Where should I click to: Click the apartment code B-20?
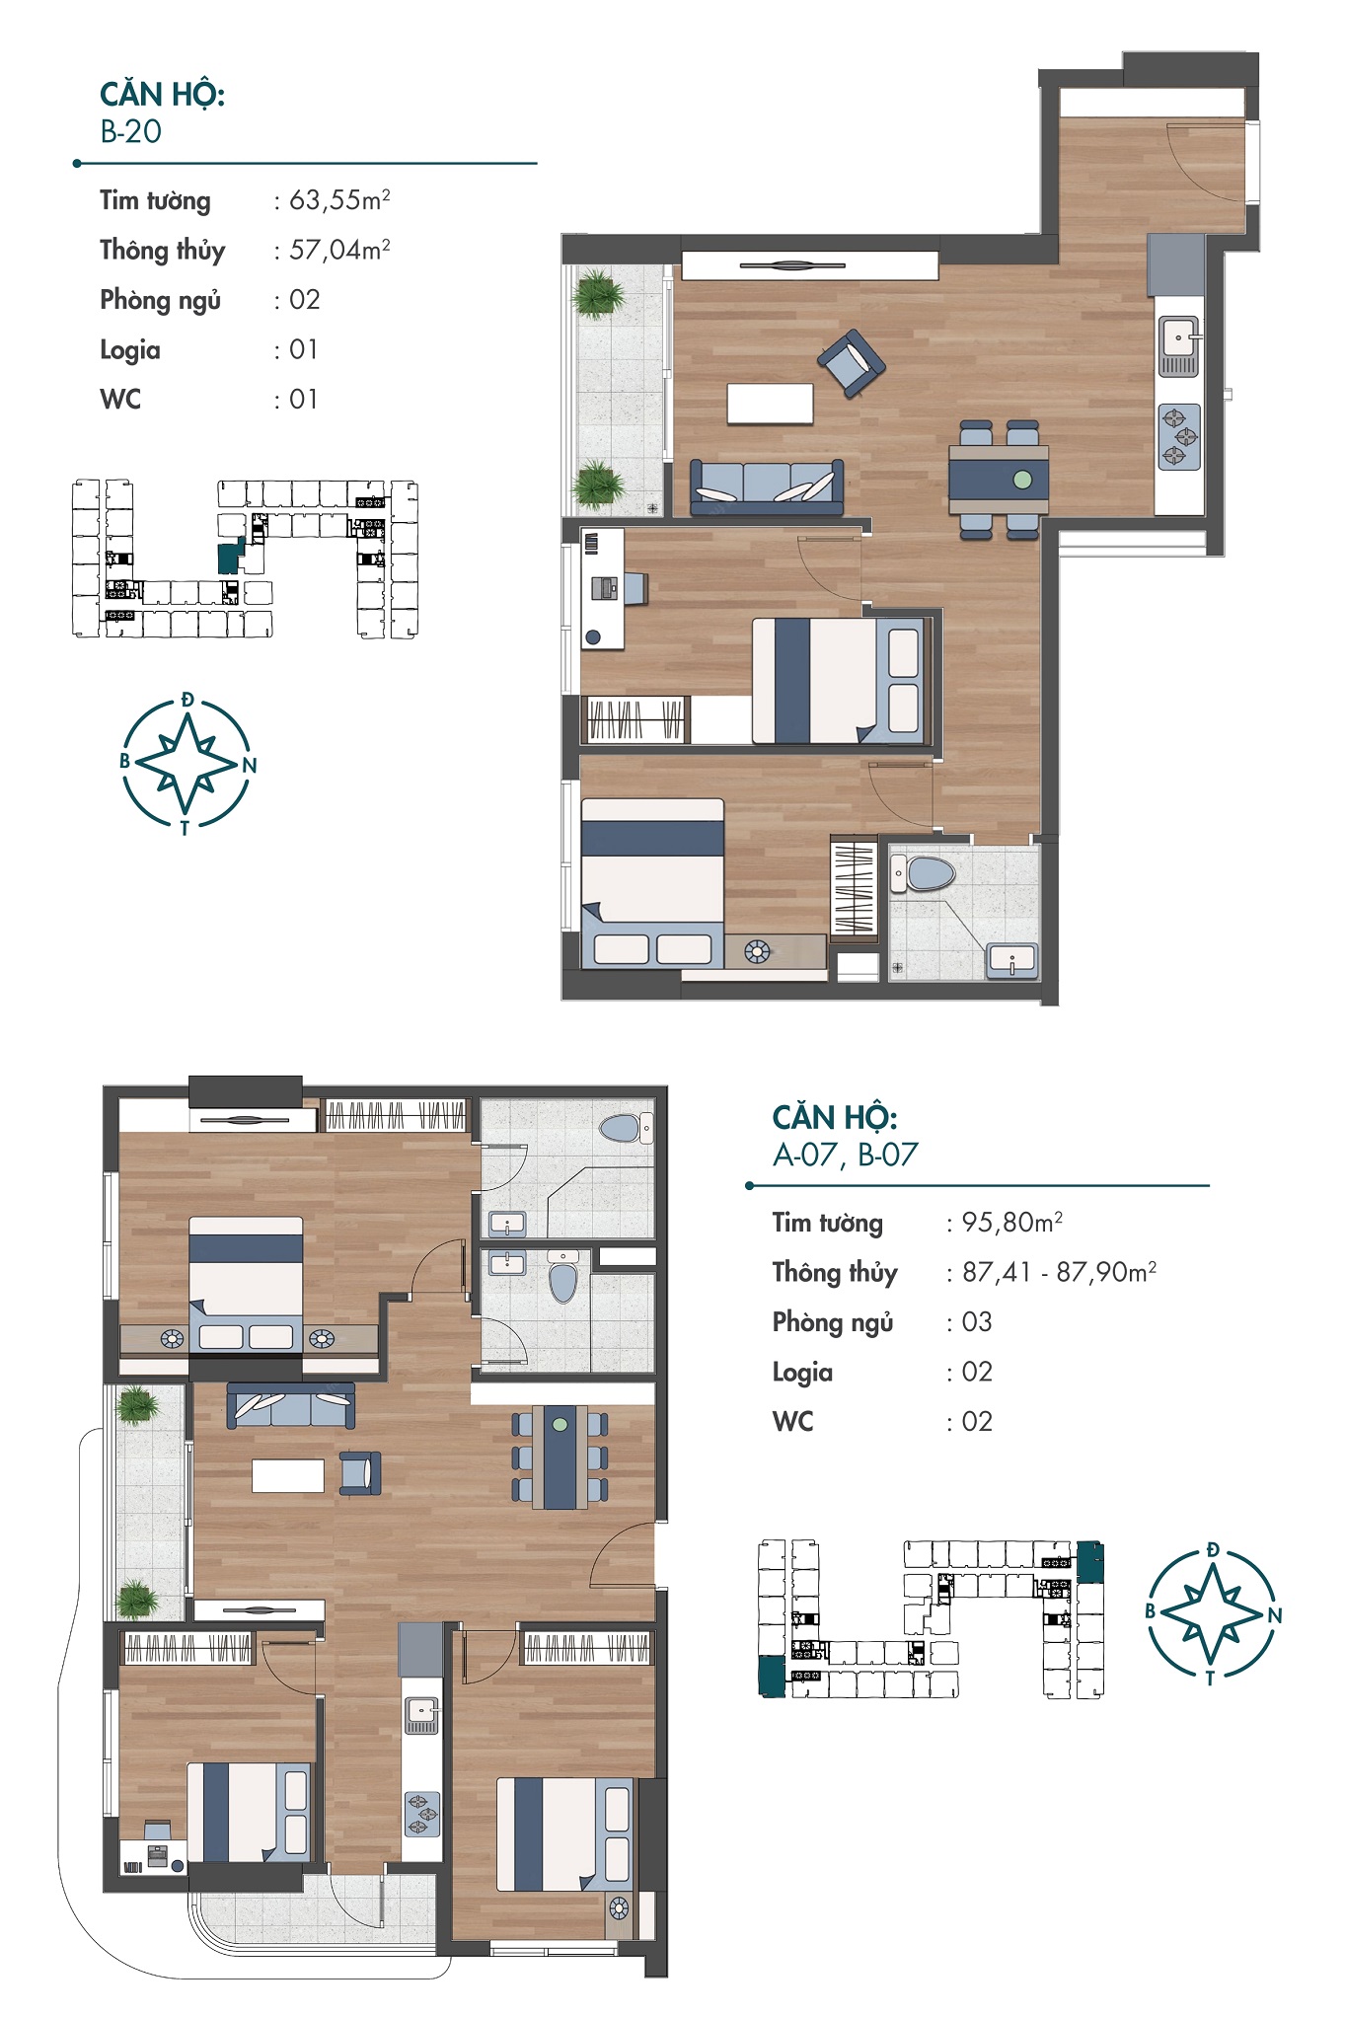click(x=130, y=132)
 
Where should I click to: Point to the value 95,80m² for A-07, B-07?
click(x=1012, y=1223)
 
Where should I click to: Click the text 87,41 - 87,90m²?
click(x=1059, y=1272)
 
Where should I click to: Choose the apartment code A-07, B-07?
click(x=846, y=1155)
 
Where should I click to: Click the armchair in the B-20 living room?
click(x=852, y=363)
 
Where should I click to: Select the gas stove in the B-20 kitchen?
click(x=1178, y=436)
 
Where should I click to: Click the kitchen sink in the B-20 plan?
click(x=1178, y=346)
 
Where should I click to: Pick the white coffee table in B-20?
click(x=771, y=404)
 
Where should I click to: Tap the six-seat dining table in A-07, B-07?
click(x=560, y=1457)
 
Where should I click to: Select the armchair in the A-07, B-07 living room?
click(x=360, y=1472)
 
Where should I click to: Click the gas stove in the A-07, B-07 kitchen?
click(x=421, y=1814)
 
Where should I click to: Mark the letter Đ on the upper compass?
click(x=187, y=701)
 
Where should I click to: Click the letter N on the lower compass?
click(x=1275, y=1615)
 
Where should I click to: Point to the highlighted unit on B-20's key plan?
click(x=230, y=557)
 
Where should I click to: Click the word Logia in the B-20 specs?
click(x=129, y=350)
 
